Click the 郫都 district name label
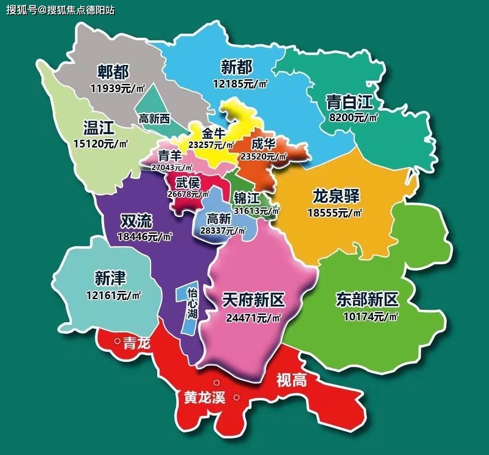(x=113, y=71)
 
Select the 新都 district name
(x=237, y=67)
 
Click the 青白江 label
(x=349, y=101)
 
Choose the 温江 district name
(x=99, y=127)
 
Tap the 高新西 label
(x=154, y=119)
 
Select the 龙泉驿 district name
(x=336, y=196)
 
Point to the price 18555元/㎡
(x=335, y=213)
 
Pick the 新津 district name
(x=110, y=278)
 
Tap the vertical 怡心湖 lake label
(x=192, y=304)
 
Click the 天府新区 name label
(x=253, y=301)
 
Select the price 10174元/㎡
(x=371, y=317)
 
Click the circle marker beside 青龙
(x=118, y=342)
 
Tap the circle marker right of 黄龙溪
(x=236, y=397)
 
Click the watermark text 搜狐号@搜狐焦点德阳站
(x=60, y=10)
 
